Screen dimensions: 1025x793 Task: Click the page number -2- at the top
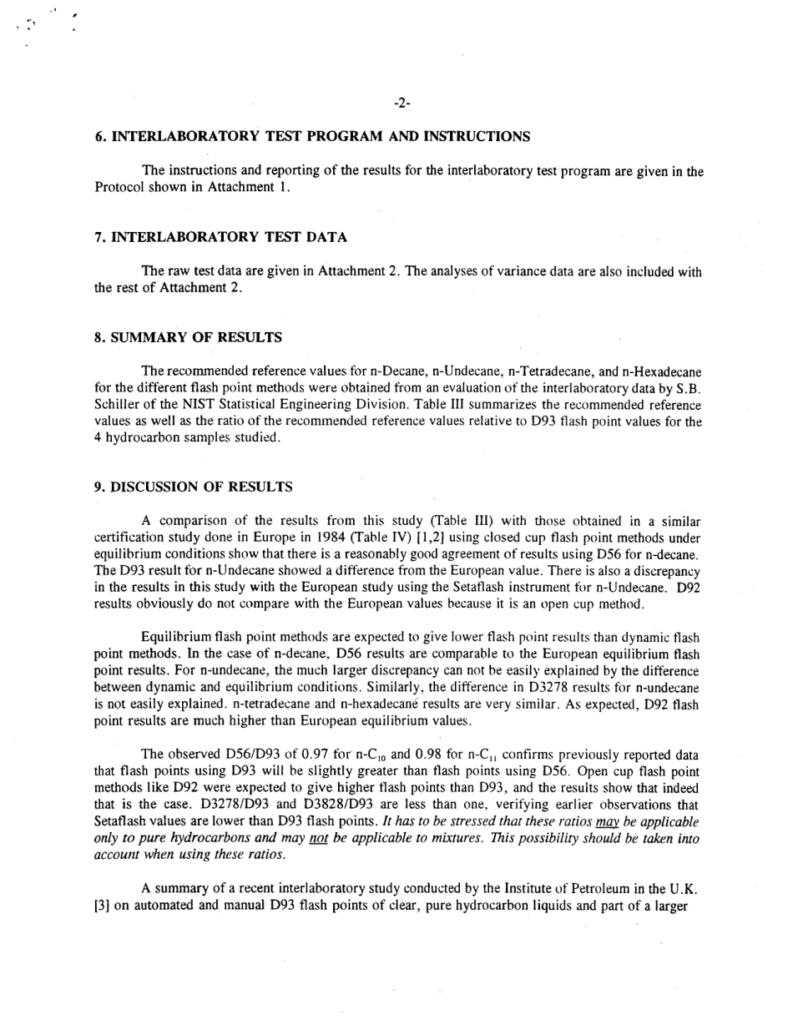coord(401,104)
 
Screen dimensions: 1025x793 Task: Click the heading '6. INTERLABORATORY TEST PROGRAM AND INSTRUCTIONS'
coord(312,136)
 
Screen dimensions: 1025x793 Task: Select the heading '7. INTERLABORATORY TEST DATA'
coord(220,237)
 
